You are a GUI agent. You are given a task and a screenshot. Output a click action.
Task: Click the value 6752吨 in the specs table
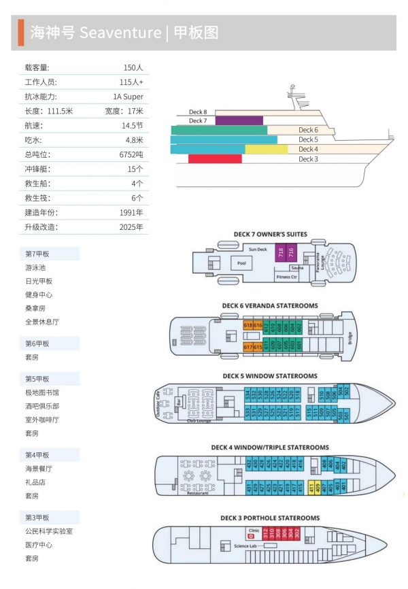point(131,154)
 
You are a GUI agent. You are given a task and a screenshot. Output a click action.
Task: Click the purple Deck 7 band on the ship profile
point(239,120)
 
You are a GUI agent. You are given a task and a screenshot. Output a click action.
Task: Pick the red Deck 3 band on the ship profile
point(215,158)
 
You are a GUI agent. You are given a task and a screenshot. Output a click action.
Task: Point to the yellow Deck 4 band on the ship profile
point(266,149)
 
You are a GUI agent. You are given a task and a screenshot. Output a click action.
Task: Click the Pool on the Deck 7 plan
point(241,263)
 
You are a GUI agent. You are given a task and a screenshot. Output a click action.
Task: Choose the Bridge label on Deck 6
point(350,337)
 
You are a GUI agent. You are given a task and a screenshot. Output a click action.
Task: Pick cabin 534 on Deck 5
point(248,394)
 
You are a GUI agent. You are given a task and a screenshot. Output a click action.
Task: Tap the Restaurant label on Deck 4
point(198,493)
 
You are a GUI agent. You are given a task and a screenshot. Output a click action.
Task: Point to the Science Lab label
point(244,546)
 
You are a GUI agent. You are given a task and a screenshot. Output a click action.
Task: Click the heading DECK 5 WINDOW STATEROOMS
point(270,376)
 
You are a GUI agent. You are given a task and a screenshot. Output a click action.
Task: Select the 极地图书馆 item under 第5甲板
point(41,392)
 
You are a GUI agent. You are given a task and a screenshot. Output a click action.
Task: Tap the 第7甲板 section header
point(37,254)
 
